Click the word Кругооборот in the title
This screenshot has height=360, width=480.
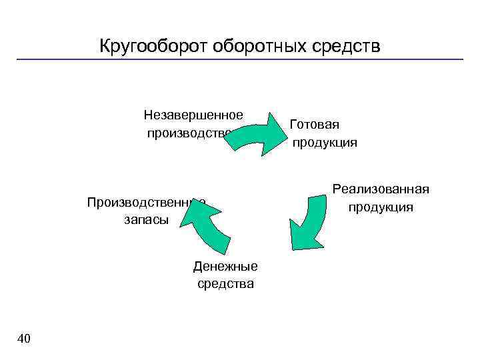(154, 46)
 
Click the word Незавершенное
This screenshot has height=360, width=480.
(193, 115)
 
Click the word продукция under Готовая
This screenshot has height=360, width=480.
(325, 142)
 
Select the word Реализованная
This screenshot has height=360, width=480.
(381, 189)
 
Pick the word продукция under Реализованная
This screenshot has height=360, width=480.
(381, 207)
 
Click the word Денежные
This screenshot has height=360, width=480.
(225, 267)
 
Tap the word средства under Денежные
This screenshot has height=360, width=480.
(225, 284)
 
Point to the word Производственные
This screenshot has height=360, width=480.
(145, 202)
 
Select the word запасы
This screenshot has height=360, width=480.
(146, 219)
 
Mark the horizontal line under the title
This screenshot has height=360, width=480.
(240, 60)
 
